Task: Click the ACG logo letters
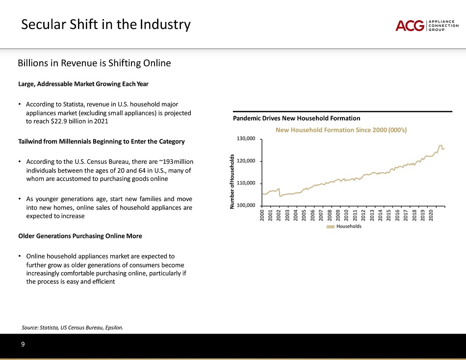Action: [x=410, y=26]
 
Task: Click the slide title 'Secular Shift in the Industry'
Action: [x=105, y=24]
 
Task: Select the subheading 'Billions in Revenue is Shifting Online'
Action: [x=94, y=63]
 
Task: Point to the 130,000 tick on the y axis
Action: [x=246, y=139]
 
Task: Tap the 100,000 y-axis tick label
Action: [x=246, y=206]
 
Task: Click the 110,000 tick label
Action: [x=246, y=183]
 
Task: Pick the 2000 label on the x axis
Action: [x=263, y=216]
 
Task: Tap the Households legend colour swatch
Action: [x=331, y=227]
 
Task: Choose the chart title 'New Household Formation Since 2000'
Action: [x=341, y=130]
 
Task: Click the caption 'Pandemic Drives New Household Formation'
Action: [x=296, y=118]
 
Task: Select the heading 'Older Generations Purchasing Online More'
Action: [x=80, y=236]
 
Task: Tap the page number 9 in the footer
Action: [x=23, y=344]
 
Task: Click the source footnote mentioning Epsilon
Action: [x=73, y=327]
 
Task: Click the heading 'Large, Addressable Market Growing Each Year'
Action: [x=83, y=84]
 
